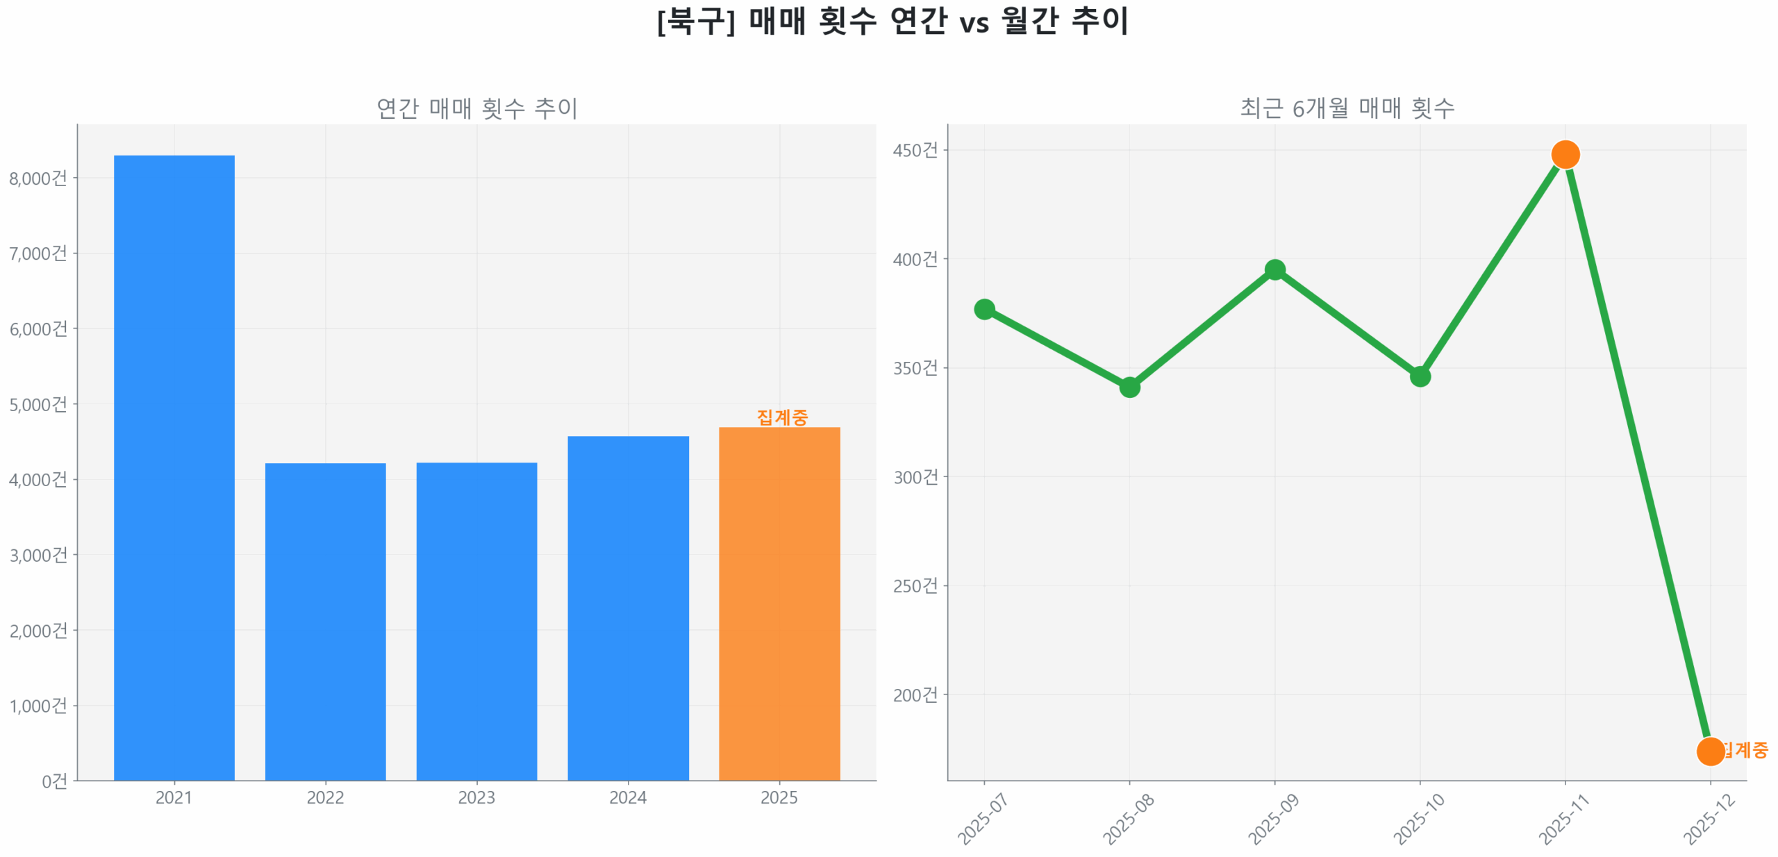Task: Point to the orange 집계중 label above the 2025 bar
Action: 782,417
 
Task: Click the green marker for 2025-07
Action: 984,309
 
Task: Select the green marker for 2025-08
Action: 1129,387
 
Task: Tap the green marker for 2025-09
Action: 1274,269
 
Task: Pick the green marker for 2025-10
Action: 1420,376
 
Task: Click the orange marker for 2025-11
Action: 1565,154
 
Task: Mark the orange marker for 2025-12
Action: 1710,751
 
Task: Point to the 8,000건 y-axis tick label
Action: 38,178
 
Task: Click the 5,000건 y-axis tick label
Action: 38,404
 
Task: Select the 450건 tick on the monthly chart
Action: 915,150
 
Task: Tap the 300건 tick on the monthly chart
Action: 915,477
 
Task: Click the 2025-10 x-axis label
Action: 1418,819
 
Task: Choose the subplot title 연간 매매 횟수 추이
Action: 476,108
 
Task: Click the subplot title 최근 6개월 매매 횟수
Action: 1347,108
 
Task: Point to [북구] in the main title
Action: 695,21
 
